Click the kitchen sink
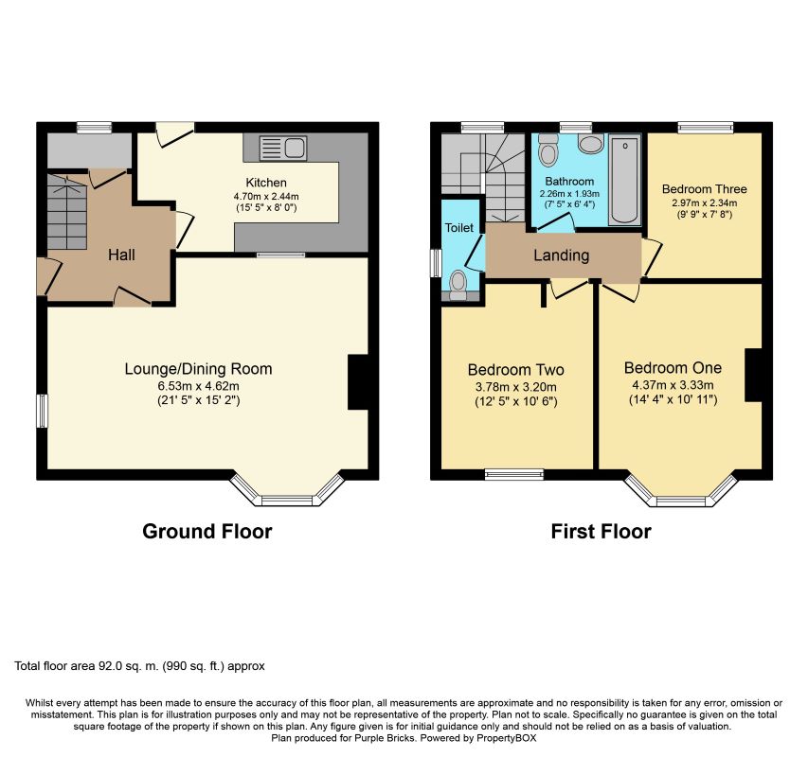283,148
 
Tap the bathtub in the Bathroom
624,180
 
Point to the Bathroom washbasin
590,144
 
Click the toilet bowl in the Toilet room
458,285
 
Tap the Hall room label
121,255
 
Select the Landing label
561,255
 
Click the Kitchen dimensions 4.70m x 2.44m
266,196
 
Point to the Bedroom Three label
705,189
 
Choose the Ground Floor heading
207,532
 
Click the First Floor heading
601,532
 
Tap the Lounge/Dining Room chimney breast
359,382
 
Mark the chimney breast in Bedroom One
754,375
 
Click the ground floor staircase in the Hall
67,212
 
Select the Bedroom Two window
514,474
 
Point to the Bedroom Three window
706,127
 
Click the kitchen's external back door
174,133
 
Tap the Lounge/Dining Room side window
42,411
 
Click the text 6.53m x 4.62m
198,386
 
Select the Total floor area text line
139,666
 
